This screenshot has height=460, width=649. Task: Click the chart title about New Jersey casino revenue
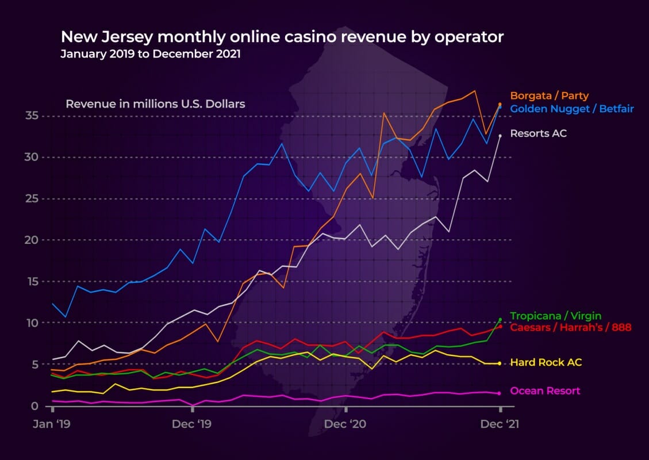pos(282,37)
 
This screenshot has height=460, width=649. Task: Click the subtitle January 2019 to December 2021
pos(151,55)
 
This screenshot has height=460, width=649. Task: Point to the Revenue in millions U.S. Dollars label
pos(155,104)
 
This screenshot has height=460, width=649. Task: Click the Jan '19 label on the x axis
pos(52,424)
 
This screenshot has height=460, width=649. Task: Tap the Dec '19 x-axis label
pos(193,424)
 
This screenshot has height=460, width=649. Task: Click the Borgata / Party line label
pos(549,96)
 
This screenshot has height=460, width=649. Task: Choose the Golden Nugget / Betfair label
pos(571,108)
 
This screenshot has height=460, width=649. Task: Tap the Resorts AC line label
pos(538,133)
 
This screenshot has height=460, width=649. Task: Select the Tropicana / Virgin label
pos(555,316)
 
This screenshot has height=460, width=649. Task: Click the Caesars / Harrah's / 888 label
pos(570,328)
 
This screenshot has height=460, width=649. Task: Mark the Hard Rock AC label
pos(546,362)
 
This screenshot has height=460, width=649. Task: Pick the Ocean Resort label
pos(545,391)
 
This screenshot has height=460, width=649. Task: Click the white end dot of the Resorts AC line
pos(500,136)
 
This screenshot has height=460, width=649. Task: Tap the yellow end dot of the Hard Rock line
pos(500,363)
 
